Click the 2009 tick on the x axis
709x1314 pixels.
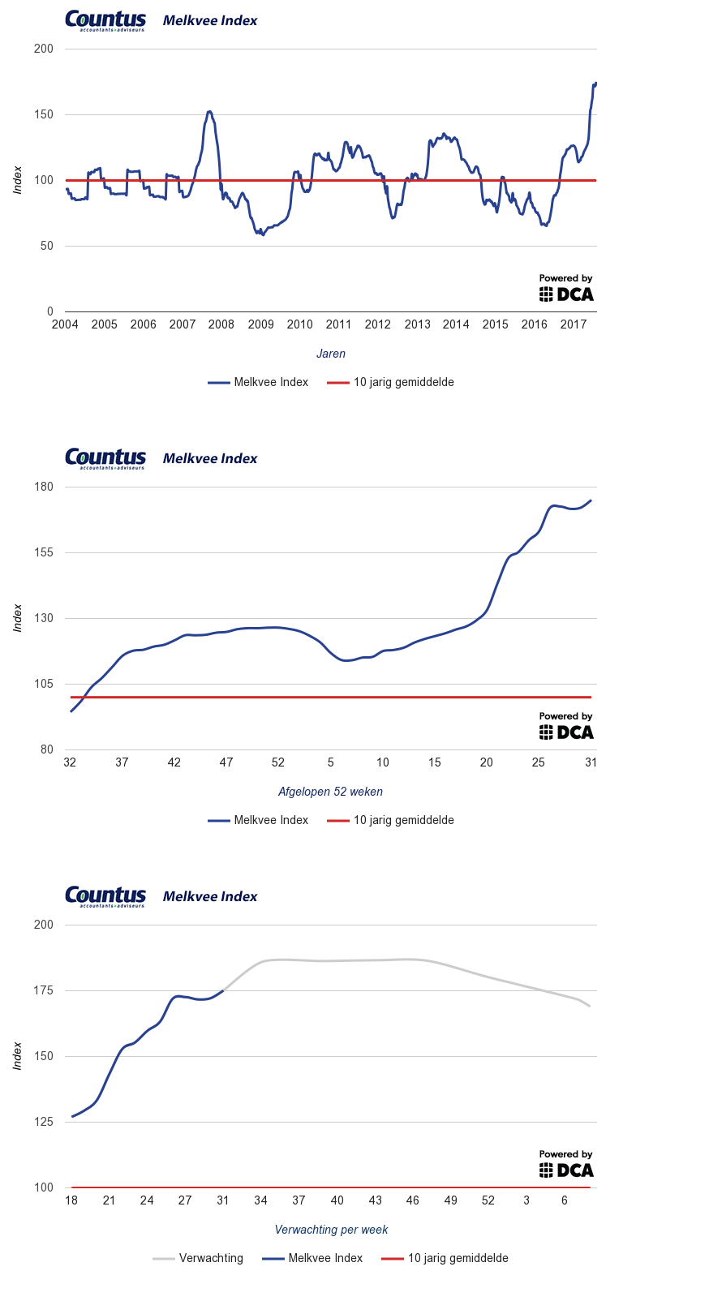click(260, 324)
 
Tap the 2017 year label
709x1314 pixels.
click(573, 324)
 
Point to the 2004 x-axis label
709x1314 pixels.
click(65, 324)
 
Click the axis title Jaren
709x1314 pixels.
click(331, 354)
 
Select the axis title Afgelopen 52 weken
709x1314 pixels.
click(330, 792)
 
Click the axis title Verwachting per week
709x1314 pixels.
click(331, 1230)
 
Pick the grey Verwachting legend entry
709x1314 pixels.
click(199, 1258)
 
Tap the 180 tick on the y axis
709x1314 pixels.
click(43, 487)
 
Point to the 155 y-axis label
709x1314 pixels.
click(43, 552)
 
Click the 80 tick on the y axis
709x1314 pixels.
click(46, 749)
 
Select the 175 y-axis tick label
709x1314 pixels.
click(43, 990)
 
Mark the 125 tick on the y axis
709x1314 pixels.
click(43, 1122)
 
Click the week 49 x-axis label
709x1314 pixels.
click(450, 1200)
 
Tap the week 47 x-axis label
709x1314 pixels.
click(226, 762)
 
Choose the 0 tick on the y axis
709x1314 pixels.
click(49, 311)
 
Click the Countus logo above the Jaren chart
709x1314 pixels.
click(105, 20)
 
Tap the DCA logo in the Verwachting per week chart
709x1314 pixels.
click(566, 1170)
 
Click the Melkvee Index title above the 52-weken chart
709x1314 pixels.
click(210, 458)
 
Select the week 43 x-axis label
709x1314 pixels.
click(375, 1200)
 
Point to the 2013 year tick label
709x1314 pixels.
click(417, 324)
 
